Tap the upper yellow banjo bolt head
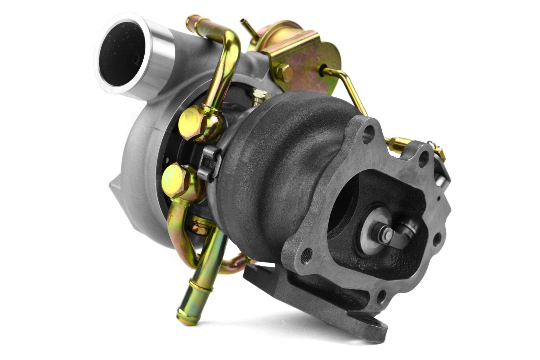[191, 122]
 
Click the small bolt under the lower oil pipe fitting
[199, 229]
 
